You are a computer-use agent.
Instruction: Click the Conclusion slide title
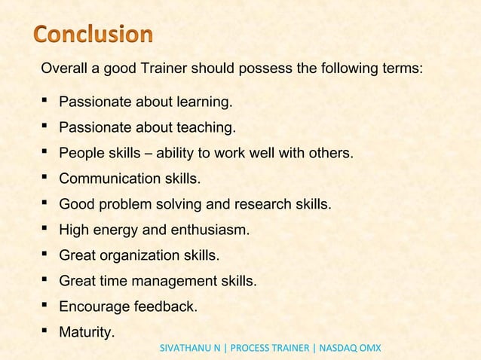[93, 35]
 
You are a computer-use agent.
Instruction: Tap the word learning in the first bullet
[203, 102]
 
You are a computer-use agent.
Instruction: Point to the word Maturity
[87, 332]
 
